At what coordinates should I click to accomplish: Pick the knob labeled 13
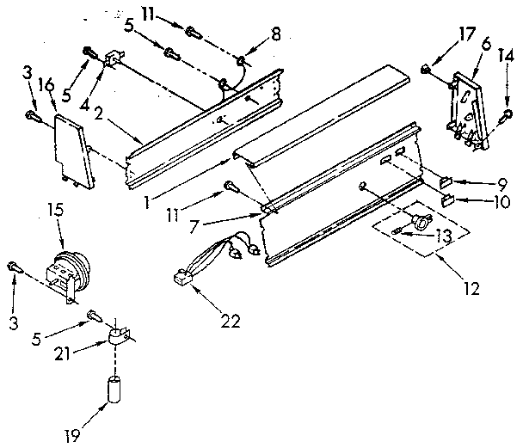click(421, 222)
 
